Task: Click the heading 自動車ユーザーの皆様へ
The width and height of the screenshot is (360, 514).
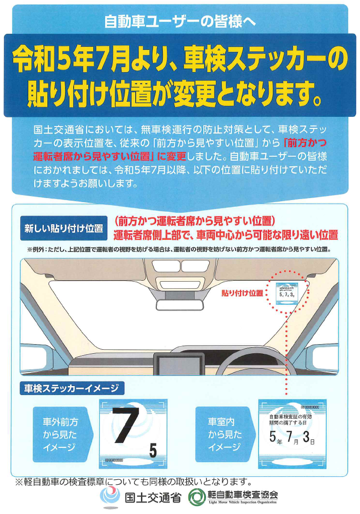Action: [x=180, y=22]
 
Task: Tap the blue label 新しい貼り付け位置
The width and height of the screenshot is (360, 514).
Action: [x=64, y=228]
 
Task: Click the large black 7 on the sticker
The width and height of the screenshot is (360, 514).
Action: [x=124, y=425]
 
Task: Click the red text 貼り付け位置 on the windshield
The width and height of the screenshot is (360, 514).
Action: [x=242, y=293]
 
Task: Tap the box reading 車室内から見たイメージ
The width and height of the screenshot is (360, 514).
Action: [x=224, y=434]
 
